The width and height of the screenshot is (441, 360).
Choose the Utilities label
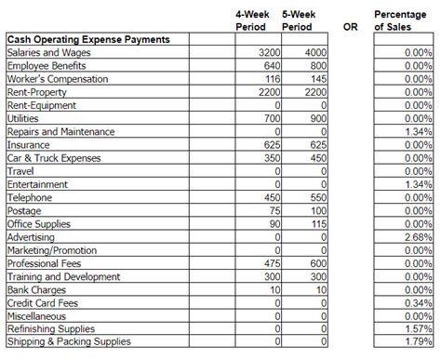tap(23, 119)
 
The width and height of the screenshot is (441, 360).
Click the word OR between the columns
tap(350, 27)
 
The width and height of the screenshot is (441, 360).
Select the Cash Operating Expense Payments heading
tap(87, 40)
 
